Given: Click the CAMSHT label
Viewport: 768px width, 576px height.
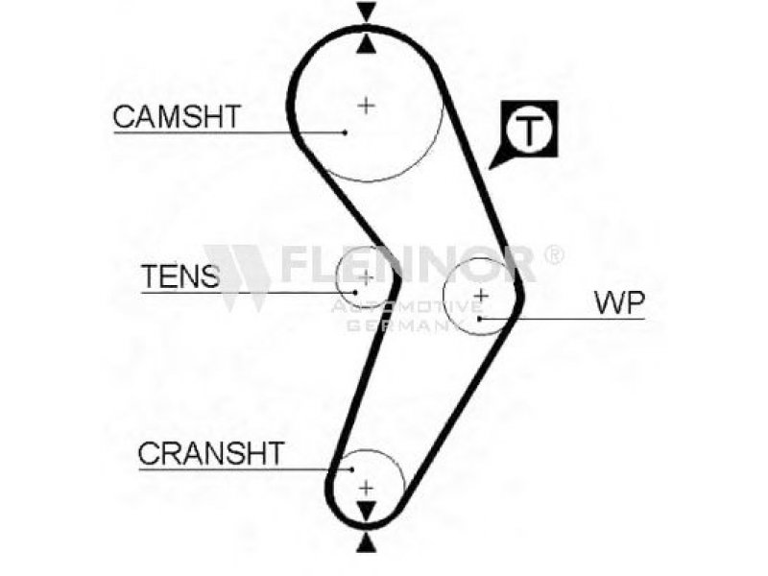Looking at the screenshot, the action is [x=177, y=116].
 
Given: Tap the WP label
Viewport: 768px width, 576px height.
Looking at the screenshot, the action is [x=619, y=302].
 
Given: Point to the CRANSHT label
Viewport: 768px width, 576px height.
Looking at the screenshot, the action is [x=211, y=453].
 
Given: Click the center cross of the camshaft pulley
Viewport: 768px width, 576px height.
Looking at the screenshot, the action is [x=367, y=106].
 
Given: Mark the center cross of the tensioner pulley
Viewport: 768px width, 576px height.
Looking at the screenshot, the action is [x=366, y=277].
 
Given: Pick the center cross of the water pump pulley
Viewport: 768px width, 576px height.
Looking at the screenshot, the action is [x=482, y=296].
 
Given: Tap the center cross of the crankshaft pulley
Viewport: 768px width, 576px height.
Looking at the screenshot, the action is [x=367, y=489].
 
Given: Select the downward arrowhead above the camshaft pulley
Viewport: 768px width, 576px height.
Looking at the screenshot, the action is [x=367, y=11].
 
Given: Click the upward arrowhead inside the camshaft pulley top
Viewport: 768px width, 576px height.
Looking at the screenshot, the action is [x=367, y=44].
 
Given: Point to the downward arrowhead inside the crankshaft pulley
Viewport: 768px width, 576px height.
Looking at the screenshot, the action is [x=367, y=511].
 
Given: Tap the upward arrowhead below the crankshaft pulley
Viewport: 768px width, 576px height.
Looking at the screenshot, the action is [x=367, y=542].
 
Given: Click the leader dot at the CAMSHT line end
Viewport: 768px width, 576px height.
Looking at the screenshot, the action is [x=346, y=132].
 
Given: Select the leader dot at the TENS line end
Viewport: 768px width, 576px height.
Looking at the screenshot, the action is [x=355, y=293].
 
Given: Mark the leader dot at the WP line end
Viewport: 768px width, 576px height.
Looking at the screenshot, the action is [x=481, y=319].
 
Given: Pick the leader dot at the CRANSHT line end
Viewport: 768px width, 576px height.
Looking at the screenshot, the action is [x=351, y=469].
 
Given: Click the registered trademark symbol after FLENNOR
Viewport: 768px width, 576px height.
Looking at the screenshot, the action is [x=554, y=254].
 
